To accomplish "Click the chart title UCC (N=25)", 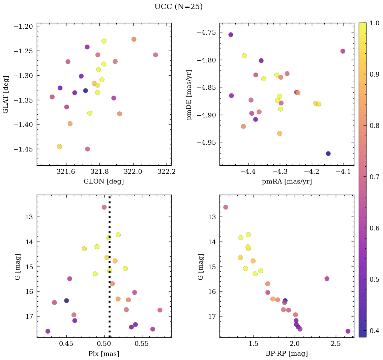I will click(x=178, y=7).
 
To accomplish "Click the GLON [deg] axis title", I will click(x=104, y=182).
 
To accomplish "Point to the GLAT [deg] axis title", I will click(x=6, y=94).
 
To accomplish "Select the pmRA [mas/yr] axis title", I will click(x=287, y=182).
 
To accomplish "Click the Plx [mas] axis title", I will click(x=104, y=354).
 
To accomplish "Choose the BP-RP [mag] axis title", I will click(x=287, y=354).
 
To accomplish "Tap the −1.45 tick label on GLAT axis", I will click(x=23, y=149).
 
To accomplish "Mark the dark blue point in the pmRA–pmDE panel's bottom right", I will click(x=328, y=154).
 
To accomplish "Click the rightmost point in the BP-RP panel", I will click(x=348, y=331).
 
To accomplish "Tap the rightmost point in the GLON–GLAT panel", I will click(x=155, y=55).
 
